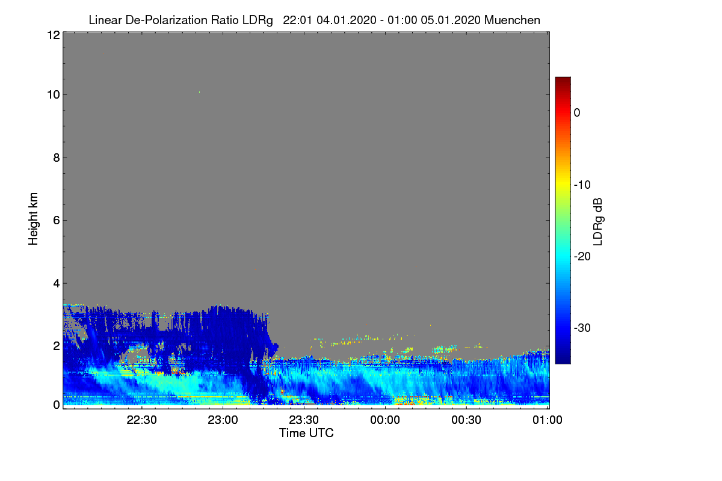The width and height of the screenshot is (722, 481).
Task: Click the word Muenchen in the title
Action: click(512, 20)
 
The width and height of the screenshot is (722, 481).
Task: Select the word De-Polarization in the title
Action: click(166, 20)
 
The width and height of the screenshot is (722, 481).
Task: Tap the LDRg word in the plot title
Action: click(258, 20)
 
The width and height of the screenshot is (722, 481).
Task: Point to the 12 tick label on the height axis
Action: click(54, 35)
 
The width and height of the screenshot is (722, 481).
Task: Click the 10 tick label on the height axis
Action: click(54, 95)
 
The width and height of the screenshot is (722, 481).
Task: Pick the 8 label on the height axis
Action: click(57, 158)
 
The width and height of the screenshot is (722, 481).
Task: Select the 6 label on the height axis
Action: click(57, 221)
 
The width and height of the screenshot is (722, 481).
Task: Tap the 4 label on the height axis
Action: click(57, 284)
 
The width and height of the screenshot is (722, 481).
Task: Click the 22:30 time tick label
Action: click(141, 420)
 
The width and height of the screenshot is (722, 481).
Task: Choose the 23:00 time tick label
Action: click(223, 420)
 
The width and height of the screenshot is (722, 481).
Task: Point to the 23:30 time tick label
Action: click(304, 420)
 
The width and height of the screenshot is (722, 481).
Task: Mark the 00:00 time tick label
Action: click(385, 420)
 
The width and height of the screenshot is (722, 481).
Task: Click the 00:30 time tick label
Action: click(466, 420)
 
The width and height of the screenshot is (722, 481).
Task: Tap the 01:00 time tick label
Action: click(548, 420)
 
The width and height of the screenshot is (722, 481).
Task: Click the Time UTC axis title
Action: click(306, 434)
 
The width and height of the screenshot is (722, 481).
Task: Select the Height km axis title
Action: click(33, 219)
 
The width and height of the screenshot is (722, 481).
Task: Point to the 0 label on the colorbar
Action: click(577, 113)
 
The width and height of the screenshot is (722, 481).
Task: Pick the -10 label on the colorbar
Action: click(582, 185)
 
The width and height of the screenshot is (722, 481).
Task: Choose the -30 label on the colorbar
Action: click(582, 328)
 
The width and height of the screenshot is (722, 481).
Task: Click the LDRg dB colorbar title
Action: click(597, 222)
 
